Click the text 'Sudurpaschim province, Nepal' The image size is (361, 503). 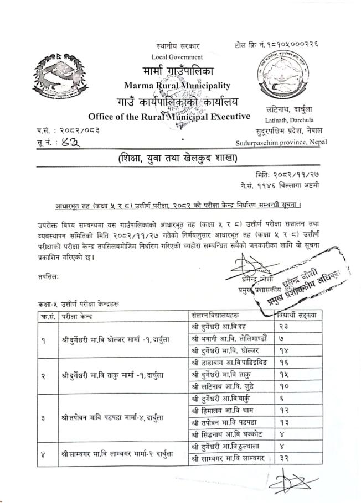click(x=281, y=142)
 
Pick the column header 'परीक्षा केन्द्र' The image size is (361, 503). click(x=78, y=317)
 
